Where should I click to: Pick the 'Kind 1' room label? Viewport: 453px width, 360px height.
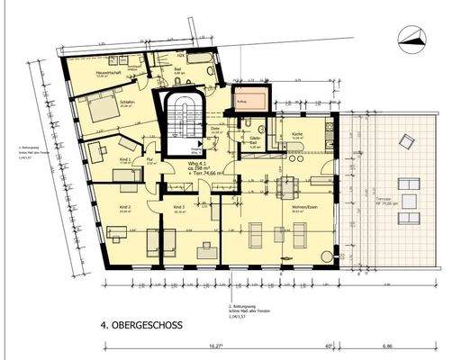coord(124,159)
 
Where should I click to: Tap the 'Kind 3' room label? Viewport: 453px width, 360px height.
coord(178,208)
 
